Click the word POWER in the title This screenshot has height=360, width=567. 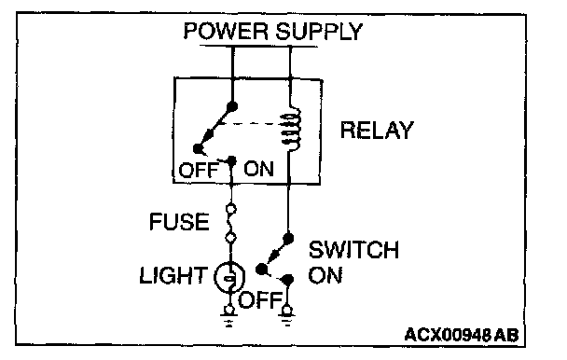pyautogui.click(x=226, y=31)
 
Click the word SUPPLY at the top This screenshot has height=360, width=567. pyautogui.click(x=319, y=31)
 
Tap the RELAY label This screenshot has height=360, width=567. pyautogui.click(x=377, y=131)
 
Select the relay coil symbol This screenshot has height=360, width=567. pyautogui.click(x=291, y=129)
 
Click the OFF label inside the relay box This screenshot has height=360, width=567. pyautogui.click(x=199, y=170)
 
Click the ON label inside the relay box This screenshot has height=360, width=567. pyautogui.click(x=258, y=169)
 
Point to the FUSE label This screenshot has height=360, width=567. pyautogui.click(x=179, y=222)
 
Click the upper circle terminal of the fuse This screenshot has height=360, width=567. pyautogui.click(x=231, y=209)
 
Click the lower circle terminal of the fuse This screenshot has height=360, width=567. pyautogui.click(x=230, y=238)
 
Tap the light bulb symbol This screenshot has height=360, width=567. pyautogui.click(x=229, y=278)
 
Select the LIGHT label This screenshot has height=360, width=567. pyautogui.click(x=173, y=276)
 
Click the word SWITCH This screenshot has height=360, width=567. pyautogui.click(x=353, y=250)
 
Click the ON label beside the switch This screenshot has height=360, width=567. pyautogui.click(x=325, y=275)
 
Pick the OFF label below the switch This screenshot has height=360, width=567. pyautogui.click(x=259, y=300)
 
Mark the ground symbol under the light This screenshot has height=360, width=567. pyautogui.click(x=228, y=316)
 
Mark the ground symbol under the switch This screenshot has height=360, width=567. pyautogui.click(x=287, y=316)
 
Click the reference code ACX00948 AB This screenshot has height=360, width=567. pyautogui.click(x=462, y=335)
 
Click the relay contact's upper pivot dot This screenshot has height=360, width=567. pyautogui.click(x=232, y=106)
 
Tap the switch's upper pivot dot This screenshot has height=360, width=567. pyautogui.click(x=288, y=239)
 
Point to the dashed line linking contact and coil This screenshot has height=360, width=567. pyautogui.click(x=251, y=124)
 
